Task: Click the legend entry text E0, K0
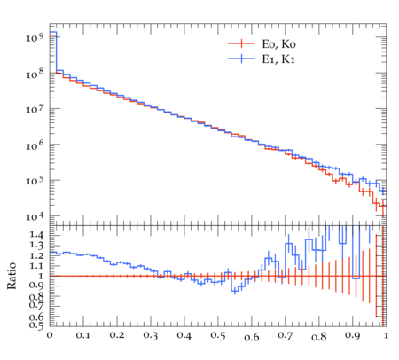278,44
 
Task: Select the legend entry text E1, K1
278,59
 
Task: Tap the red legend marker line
241,43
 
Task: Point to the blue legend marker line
241,59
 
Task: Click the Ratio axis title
12,276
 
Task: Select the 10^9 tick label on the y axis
35,37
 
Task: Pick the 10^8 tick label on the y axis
35,73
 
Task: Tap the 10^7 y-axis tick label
35,109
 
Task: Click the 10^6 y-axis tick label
35,145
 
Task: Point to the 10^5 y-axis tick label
35,180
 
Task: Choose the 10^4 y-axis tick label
35,216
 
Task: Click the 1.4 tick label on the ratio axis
36,236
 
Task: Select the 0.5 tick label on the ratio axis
36,325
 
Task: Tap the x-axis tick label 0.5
218,336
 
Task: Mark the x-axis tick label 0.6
252,337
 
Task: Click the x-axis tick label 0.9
353,336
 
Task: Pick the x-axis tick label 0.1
83,336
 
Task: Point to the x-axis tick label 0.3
151,336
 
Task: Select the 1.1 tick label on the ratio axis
36,266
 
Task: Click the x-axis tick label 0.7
286,336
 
